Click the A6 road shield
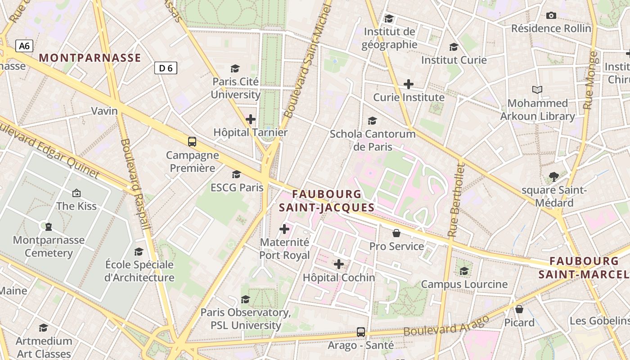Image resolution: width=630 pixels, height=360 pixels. [x=24, y=45]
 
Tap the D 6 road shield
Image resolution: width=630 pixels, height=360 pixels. [x=166, y=68]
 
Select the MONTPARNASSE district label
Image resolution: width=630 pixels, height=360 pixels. [x=90, y=58]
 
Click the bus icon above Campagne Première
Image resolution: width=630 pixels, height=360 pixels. [x=192, y=142]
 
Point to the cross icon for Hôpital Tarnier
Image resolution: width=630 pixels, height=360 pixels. [x=251, y=119]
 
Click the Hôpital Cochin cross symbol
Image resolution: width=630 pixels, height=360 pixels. [x=339, y=264]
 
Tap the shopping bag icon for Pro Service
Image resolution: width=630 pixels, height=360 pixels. [x=396, y=233]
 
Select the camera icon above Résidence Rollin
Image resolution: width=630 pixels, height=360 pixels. [x=551, y=15]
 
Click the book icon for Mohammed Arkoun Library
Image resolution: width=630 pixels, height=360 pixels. [x=537, y=90]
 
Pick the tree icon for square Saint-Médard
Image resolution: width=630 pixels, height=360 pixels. [x=554, y=177]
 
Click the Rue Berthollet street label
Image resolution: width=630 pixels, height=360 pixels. [x=455, y=200]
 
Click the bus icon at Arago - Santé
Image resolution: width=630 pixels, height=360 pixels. [x=360, y=332]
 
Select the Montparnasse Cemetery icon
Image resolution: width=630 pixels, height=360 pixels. [x=49, y=226]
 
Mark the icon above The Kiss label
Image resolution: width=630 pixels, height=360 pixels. [x=76, y=193]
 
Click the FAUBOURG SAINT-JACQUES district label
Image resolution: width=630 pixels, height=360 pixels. [x=326, y=201]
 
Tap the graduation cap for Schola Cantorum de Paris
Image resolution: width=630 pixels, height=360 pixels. [x=372, y=121]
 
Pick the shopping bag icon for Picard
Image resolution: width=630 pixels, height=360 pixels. [x=519, y=309]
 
